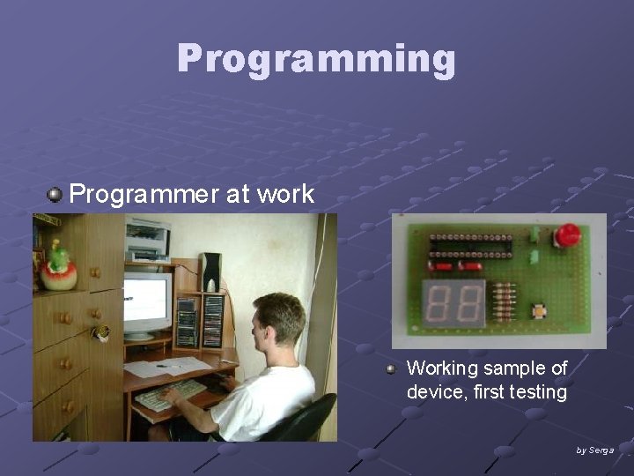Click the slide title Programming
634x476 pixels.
(x=316, y=59)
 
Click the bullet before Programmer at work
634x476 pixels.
(x=55, y=195)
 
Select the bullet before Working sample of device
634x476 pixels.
(x=391, y=369)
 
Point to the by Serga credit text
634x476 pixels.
(x=594, y=450)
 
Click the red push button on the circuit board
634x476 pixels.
(x=567, y=235)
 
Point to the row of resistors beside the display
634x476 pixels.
(x=504, y=303)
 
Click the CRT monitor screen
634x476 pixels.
(x=145, y=301)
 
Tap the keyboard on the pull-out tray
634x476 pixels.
(x=171, y=393)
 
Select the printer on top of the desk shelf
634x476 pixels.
(x=147, y=239)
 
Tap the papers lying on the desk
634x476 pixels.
(x=167, y=367)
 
